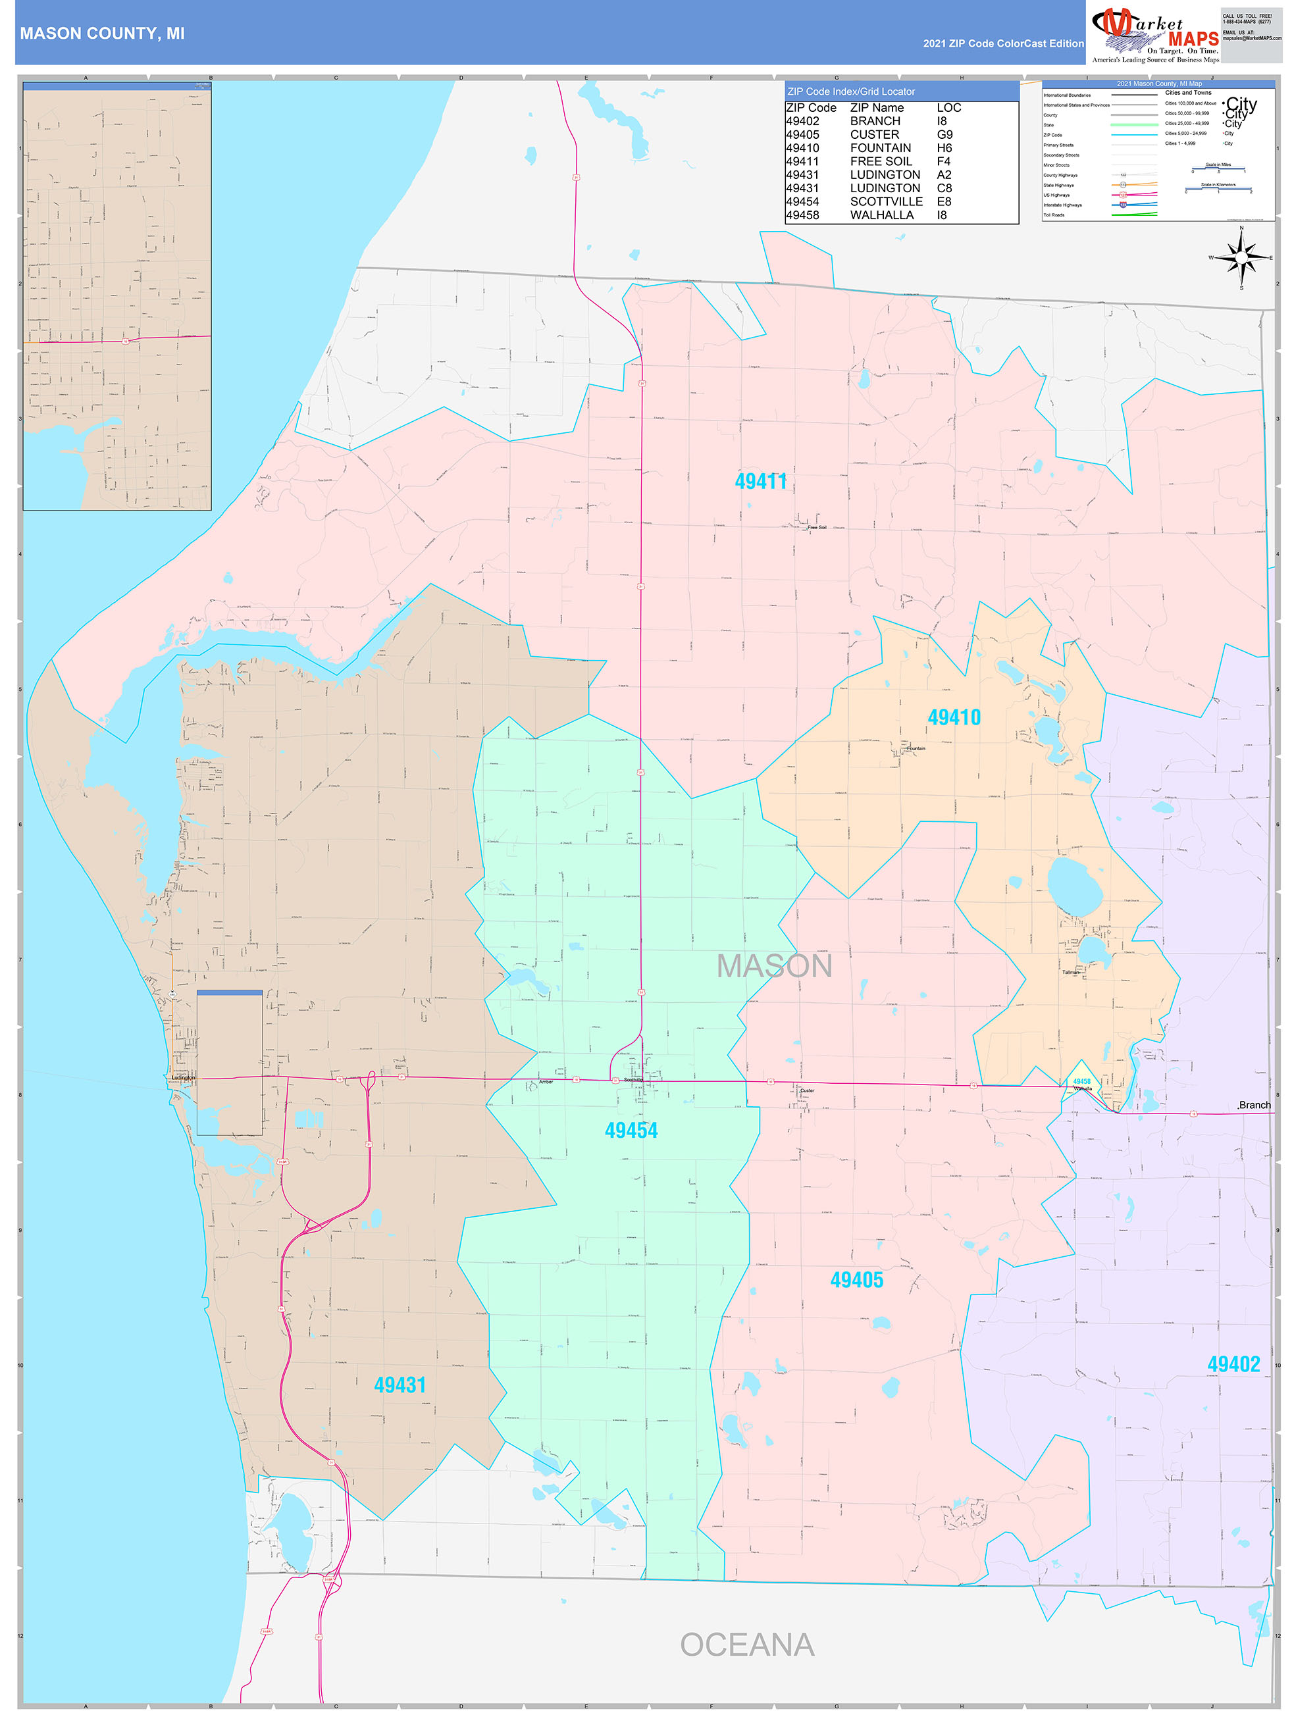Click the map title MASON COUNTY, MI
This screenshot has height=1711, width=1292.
(x=102, y=34)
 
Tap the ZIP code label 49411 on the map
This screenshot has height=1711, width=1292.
(x=760, y=481)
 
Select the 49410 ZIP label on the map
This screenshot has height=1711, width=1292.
(x=954, y=717)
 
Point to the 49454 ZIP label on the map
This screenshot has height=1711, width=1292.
(x=631, y=1130)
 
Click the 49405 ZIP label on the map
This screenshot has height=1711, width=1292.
(x=856, y=1279)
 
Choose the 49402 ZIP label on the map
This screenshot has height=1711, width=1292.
(x=1233, y=1364)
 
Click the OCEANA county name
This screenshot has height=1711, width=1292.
(x=746, y=1645)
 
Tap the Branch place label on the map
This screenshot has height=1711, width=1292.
(x=1254, y=1106)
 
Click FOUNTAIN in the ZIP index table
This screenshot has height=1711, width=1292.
(x=881, y=148)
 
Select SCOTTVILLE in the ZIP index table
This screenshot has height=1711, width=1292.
(x=886, y=201)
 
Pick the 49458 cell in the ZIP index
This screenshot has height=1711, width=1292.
(x=802, y=215)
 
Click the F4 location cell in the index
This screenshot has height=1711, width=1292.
(x=943, y=161)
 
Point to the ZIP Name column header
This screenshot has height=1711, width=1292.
(x=877, y=107)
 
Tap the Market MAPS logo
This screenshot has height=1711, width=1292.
(x=1155, y=34)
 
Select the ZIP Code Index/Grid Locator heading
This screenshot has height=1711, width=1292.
(x=851, y=91)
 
